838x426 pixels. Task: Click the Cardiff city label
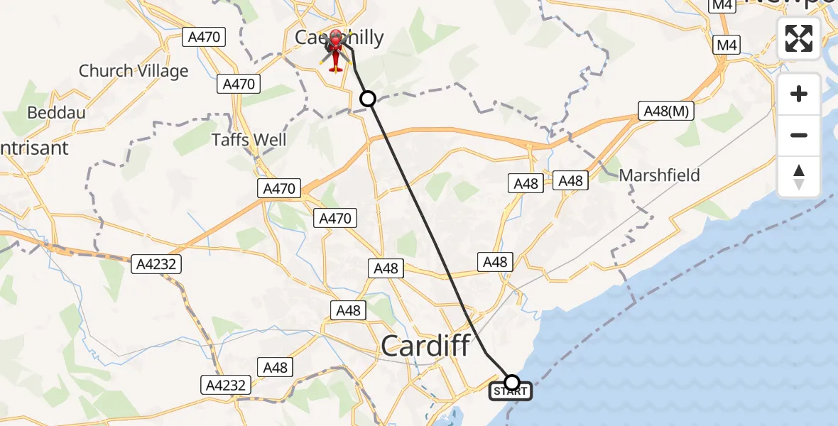tap(425, 346)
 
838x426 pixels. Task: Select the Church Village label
tap(134, 71)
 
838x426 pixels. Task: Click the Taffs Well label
tap(249, 139)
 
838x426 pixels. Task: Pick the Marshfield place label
tap(659, 175)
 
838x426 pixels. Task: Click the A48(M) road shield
tap(665, 111)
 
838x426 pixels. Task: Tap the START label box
tap(510, 391)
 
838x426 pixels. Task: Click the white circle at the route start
tap(511, 382)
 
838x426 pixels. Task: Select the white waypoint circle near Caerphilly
tap(367, 99)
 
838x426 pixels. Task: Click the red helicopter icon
tap(336, 51)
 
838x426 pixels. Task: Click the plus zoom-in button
tap(799, 94)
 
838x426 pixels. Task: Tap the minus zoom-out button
tap(799, 135)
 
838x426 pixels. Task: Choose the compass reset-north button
tap(799, 176)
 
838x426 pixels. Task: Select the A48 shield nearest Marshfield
tap(570, 181)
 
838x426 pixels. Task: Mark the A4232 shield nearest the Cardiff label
tap(226, 386)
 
